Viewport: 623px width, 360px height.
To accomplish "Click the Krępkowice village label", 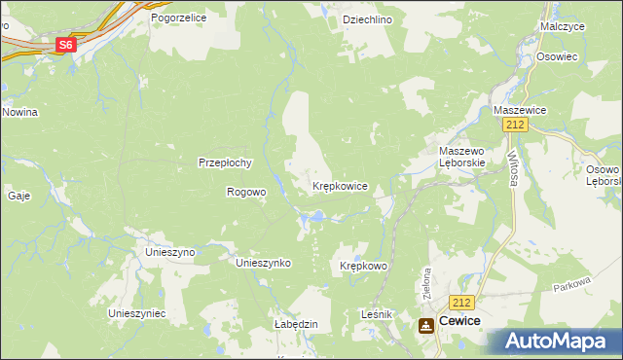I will [340, 185].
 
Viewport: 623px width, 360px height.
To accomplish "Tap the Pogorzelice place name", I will [178, 18].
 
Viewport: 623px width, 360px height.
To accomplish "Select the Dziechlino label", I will [367, 18].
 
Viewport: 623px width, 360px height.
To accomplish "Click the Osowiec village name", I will [558, 56].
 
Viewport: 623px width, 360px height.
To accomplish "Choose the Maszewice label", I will [521, 110].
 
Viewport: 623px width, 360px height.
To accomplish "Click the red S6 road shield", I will [65, 45].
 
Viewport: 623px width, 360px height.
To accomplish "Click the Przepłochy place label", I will [226, 162].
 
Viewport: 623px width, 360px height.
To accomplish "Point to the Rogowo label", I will [246, 192].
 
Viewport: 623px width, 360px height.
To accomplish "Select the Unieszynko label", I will [264, 263].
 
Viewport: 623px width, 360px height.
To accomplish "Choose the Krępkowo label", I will [364, 266].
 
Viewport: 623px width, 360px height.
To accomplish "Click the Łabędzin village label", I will [297, 324].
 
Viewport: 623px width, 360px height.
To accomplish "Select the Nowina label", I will [19, 112].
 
